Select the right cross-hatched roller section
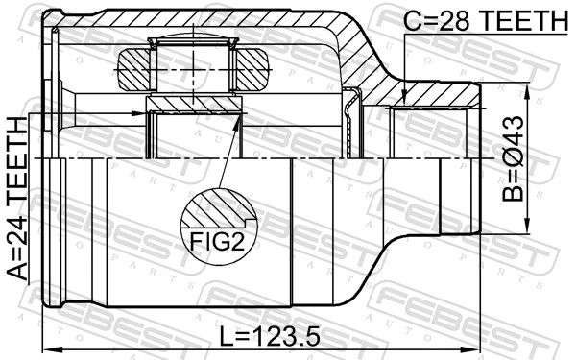click(x=252, y=69)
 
